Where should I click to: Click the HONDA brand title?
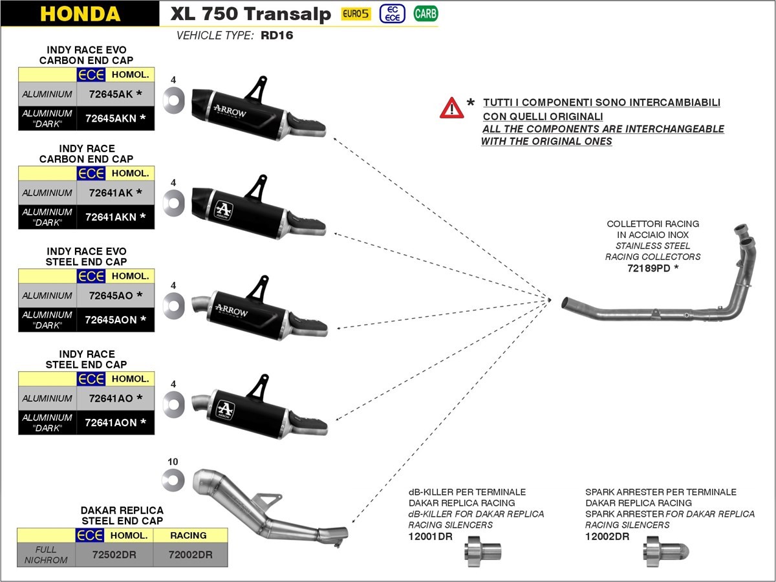[80, 14]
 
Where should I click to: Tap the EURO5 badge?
[356, 13]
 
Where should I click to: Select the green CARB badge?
[426, 13]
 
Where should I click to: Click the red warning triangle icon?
[451, 108]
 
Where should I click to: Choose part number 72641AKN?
[111, 217]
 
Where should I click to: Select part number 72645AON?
[111, 320]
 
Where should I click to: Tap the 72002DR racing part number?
[190, 554]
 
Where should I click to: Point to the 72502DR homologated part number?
[114, 554]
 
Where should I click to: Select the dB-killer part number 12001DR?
[430, 536]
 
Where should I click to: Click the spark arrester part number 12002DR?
[607, 536]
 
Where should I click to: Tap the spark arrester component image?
[665, 552]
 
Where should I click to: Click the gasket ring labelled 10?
[173, 479]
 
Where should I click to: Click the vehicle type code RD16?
[277, 36]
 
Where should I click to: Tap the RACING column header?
[188, 535]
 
